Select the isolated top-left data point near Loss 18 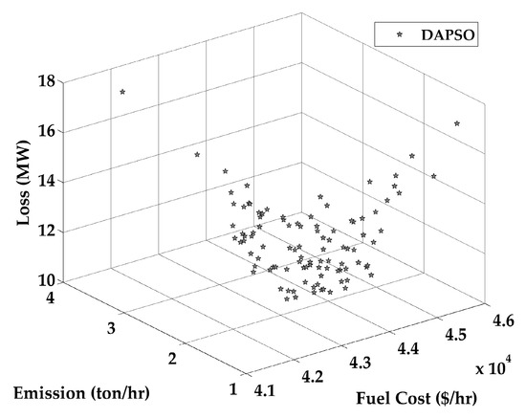tap(122, 92)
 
